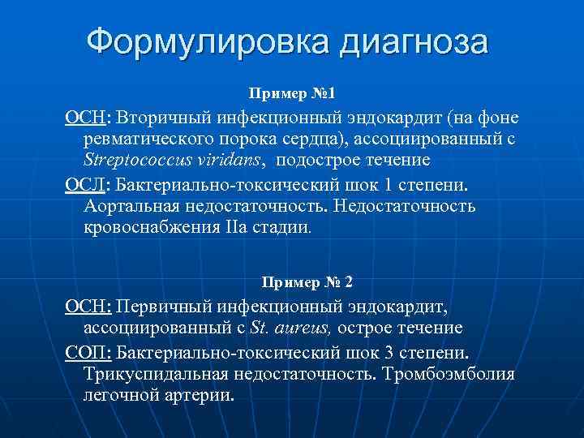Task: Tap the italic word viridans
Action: (234, 161)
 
